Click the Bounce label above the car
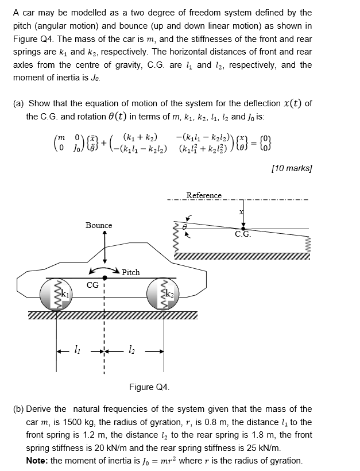point(99,225)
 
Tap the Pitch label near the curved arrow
point(130,272)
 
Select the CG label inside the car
point(92,284)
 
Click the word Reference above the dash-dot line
point(204,195)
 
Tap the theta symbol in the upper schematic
point(185,227)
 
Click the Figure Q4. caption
point(149,387)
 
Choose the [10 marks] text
point(293,168)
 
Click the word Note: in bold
point(38,461)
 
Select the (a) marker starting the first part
point(18,103)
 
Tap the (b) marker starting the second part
point(18,409)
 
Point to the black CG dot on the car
point(104,278)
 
